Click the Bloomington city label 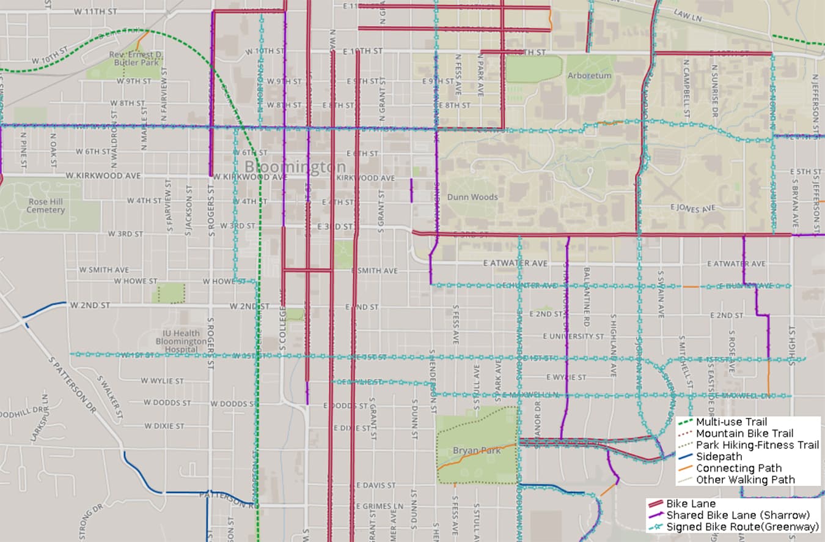pos(295,166)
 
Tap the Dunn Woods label pos(472,197)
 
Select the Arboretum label pos(589,76)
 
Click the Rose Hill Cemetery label pos(46,206)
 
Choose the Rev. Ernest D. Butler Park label pos(136,58)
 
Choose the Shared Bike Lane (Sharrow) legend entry pos(738,515)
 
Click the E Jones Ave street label pos(692,209)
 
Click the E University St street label pos(573,336)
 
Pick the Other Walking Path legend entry pos(745,480)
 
